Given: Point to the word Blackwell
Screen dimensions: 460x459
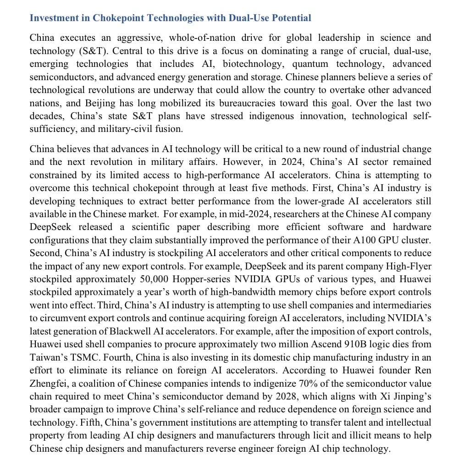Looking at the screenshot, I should (149, 331).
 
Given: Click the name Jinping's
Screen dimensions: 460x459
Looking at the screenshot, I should (410, 396).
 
